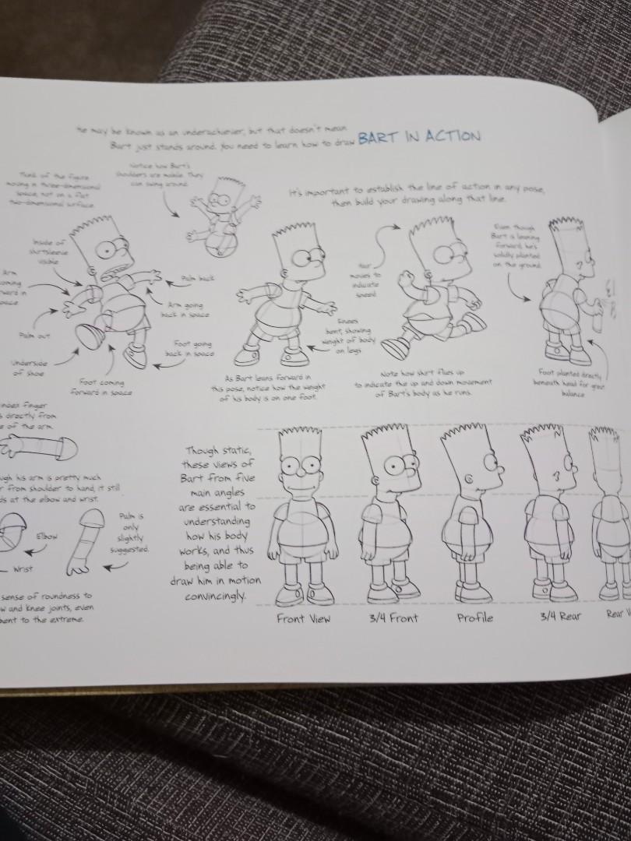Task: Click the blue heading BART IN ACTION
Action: pyautogui.click(x=419, y=138)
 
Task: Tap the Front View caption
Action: pyautogui.click(x=304, y=618)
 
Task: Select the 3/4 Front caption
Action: pyautogui.click(x=393, y=618)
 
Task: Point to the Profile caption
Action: pyautogui.click(x=475, y=618)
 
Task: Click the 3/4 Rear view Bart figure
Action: pyautogui.click(x=552, y=514)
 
